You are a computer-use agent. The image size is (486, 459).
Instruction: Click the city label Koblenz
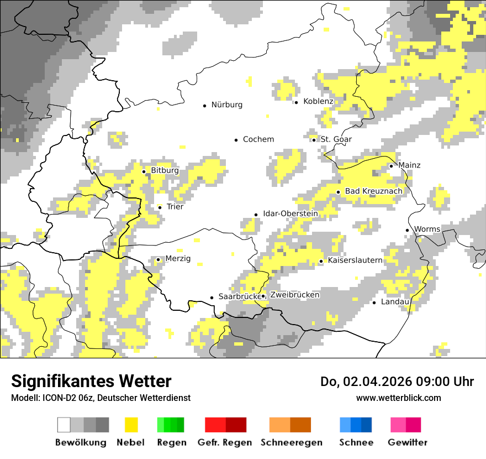click(x=318, y=102)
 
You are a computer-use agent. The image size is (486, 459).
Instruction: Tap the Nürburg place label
click(x=226, y=105)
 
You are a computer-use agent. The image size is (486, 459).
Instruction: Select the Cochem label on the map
click(x=258, y=139)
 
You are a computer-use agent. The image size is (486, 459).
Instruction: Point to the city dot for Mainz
click(x=391, y=166)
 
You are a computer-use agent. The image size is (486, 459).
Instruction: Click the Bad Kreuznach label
click(x=373, y=191)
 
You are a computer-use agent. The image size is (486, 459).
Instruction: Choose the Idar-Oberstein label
click(x=290, y=214)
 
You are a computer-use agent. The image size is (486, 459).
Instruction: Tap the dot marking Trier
click(x=160, y=207)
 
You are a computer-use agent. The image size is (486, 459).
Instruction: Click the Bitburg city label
click(x=165, y=171)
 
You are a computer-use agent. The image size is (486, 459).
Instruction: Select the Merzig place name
click(x=178, y=259)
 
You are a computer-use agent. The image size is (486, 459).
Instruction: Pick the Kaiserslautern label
click(x=355, y=260)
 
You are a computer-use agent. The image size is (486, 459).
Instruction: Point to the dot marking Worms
click(x=408, y=230)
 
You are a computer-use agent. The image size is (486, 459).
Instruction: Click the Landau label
click(x=394, y=302)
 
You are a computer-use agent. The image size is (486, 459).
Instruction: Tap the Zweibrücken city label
click(x=294, y=295)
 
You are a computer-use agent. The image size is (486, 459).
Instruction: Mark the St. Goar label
click(x=336, y=139)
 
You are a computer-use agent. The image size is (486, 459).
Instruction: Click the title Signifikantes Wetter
click(x=91, y=382)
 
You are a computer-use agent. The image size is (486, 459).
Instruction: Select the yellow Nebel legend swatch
click(x=131, y=425)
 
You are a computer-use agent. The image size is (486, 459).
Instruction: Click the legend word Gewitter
click(x=407, y=442)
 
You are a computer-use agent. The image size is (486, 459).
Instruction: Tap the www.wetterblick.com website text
click(x=398, y=398)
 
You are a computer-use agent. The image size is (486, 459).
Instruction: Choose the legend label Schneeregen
click(x=291, y=442)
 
